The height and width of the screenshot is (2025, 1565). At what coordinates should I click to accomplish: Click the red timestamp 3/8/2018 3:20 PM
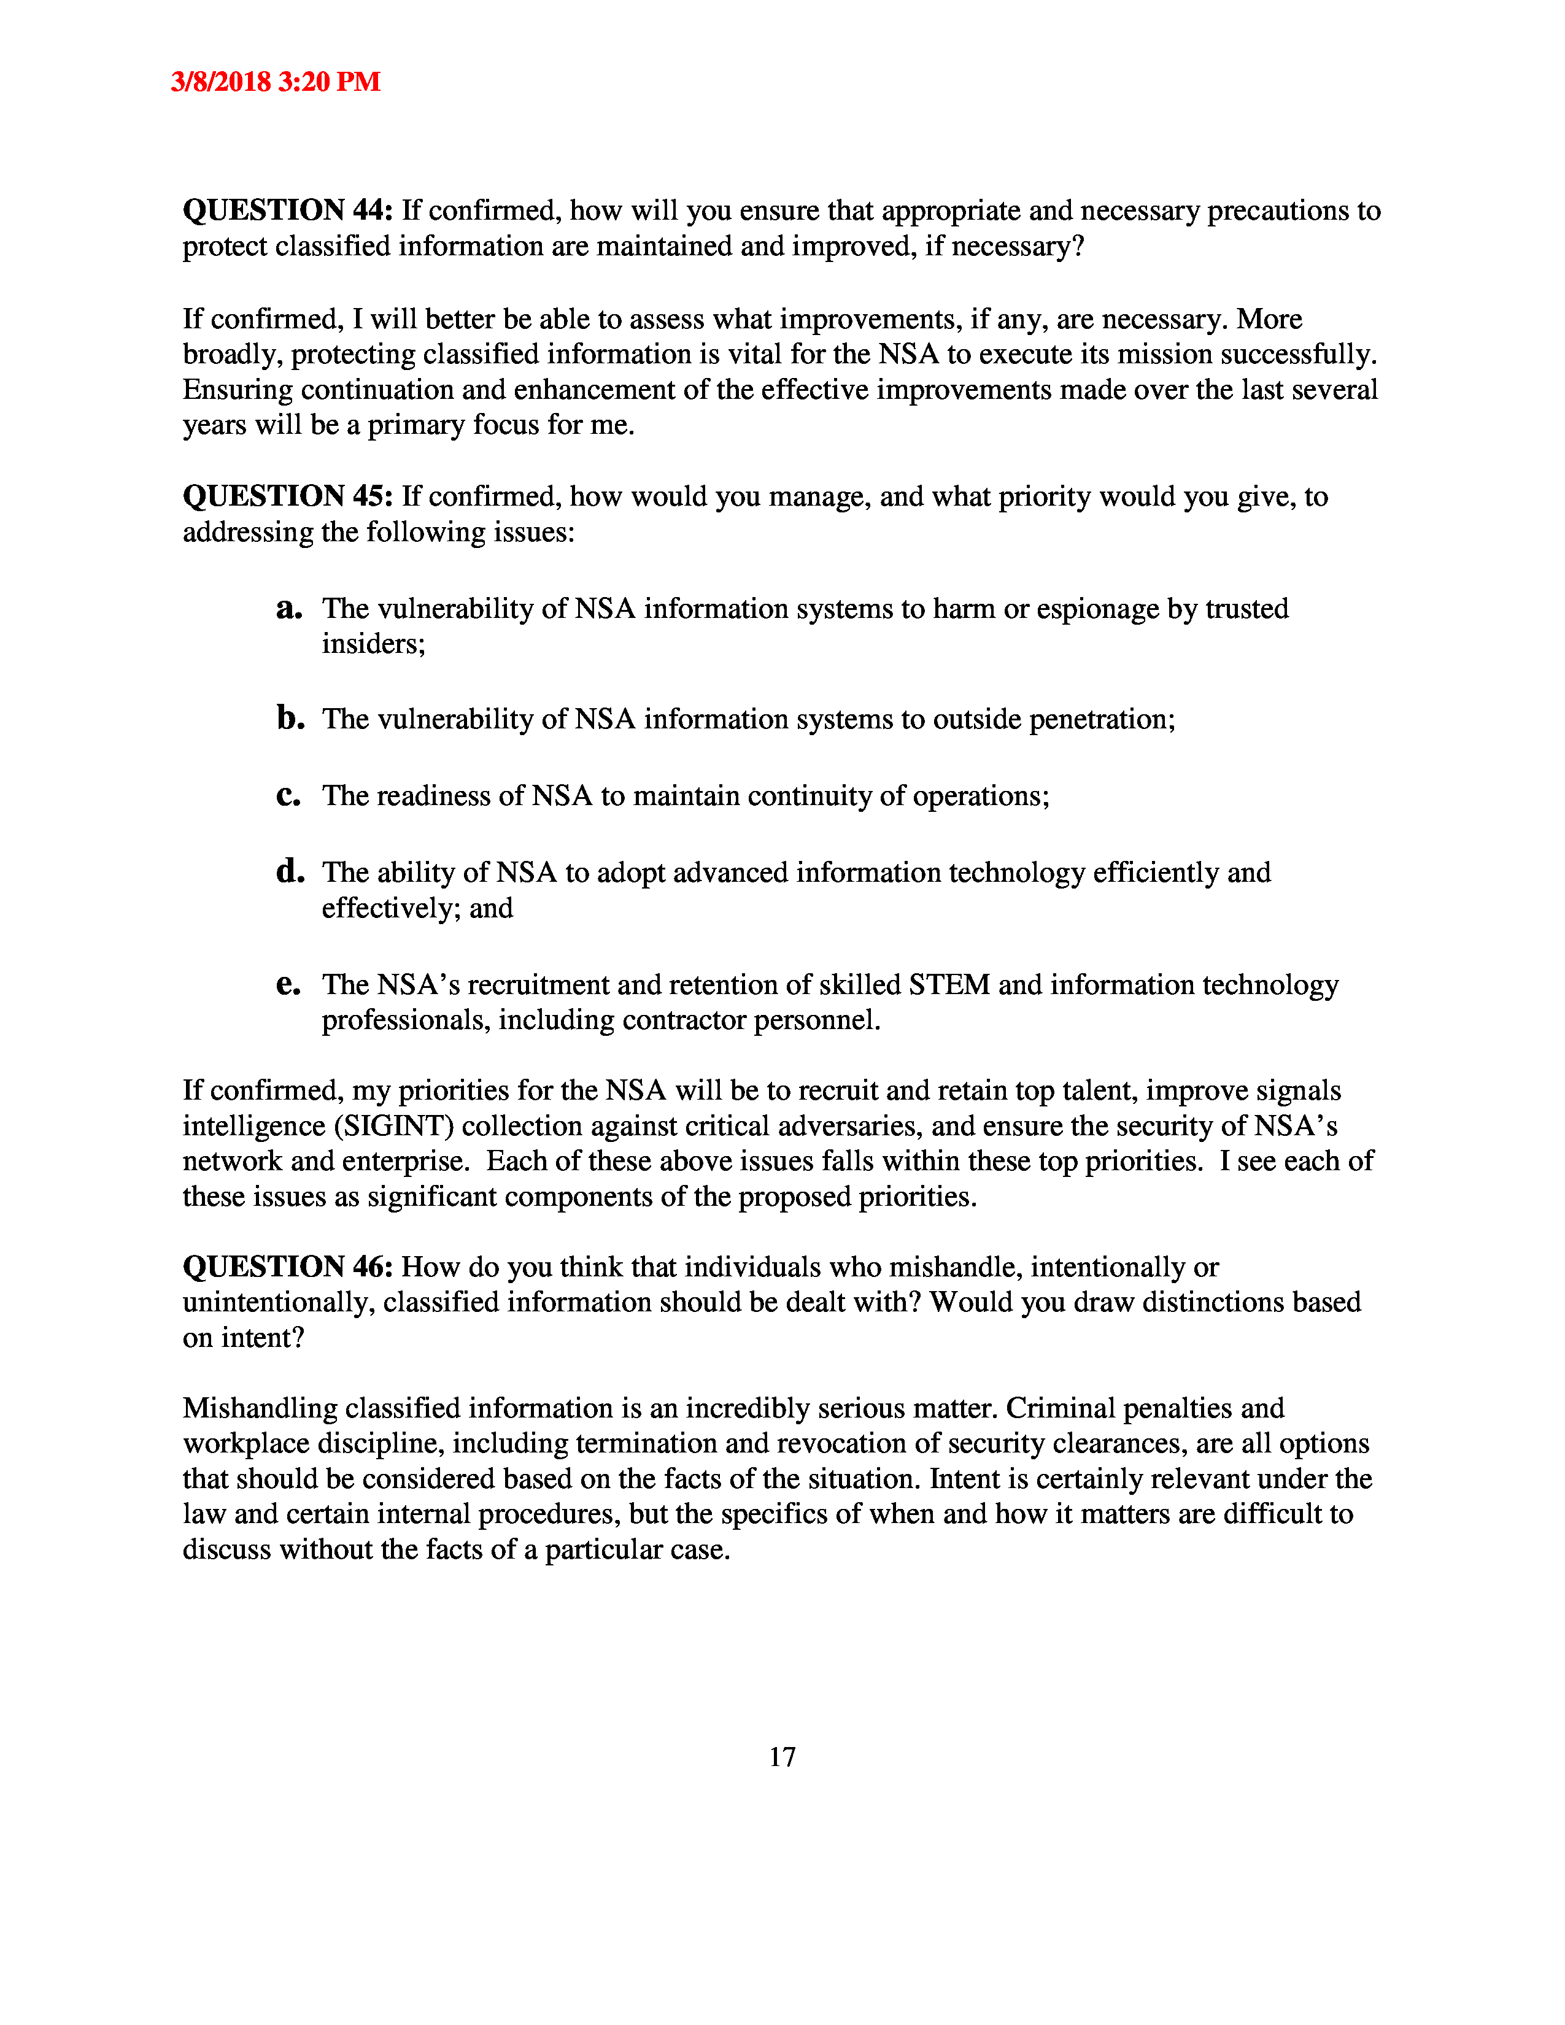tap(276, 82)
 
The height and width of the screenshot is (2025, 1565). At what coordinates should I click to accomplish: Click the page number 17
tap(781, 1757)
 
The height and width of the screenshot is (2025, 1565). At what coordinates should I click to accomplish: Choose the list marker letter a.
tap(289, 608)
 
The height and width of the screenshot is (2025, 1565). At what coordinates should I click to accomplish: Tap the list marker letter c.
tap(288, 795)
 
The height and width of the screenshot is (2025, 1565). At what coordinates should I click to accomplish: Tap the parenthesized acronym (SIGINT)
tap(393, 1127)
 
